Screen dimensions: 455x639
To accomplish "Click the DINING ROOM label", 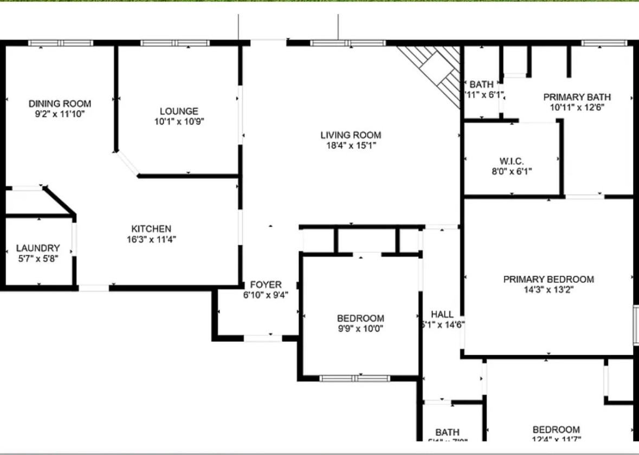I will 60,103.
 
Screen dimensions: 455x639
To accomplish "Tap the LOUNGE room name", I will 179,111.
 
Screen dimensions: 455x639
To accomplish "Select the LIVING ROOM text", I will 351,135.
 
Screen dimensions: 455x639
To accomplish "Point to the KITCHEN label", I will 151,229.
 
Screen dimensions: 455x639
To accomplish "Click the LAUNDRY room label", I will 38,248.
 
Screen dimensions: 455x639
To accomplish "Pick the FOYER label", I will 266,285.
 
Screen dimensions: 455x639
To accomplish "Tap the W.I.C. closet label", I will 512,161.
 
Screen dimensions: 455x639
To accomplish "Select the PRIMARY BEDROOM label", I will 548,279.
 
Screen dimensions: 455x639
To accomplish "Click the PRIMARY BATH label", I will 577,97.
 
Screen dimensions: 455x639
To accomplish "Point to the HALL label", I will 442,314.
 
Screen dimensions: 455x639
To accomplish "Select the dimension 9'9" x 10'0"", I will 360,328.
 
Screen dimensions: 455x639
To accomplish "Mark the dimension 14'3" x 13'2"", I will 548,290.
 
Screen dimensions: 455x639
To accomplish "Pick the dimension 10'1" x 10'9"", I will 179,121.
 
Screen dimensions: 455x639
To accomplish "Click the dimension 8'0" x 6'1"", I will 512,172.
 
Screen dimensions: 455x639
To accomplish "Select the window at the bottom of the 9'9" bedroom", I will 354,378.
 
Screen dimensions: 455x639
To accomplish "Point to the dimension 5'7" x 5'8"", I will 38,258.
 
